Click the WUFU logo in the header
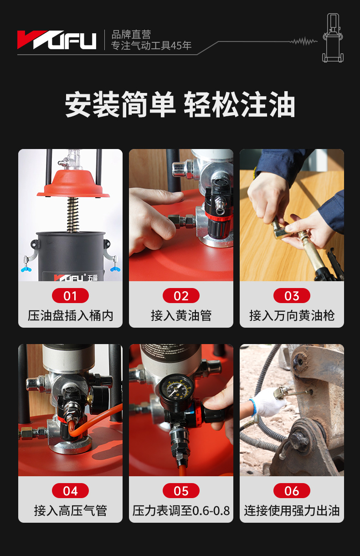point(57,40)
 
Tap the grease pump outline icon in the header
point(333,37)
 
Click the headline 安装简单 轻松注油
point(180,104)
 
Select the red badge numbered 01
point(70,296)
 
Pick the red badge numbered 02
point(181,296)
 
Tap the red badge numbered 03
point(292,296)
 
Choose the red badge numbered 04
point(70,491)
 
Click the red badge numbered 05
point(181,491)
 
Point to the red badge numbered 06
point(292,491)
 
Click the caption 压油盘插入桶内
point(70,316)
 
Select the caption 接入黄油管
point(181,316)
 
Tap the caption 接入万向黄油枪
point(292,316)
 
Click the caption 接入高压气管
point(70,511)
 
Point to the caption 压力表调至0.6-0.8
point(181,511)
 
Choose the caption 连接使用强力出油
point(292,511)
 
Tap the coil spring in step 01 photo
point(73,215)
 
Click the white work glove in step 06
point(267,402)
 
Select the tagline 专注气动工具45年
point(151,46)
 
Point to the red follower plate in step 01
point(73,184)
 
